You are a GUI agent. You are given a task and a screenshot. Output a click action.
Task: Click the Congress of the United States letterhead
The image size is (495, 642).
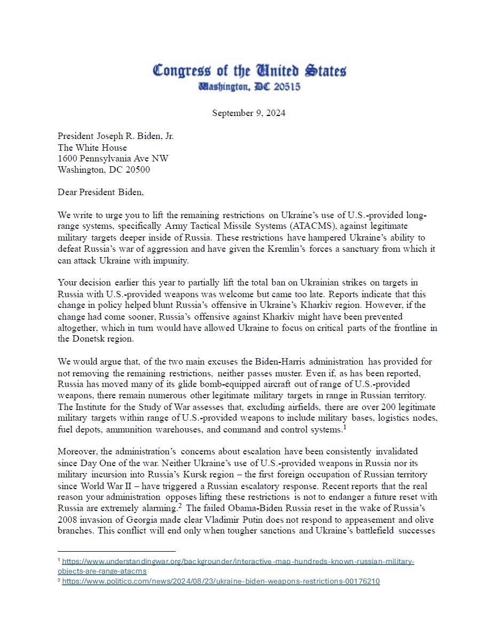(x=249, y=71)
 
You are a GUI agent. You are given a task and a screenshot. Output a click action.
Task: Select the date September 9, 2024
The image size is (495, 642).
(x=249, y=113)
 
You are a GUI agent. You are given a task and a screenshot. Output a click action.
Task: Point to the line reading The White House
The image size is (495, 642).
(x=92, y=147)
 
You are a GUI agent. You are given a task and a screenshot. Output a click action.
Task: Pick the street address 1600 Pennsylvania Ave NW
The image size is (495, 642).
(x=113, y=159)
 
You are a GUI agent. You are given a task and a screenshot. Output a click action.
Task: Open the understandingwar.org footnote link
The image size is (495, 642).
(x=238, y=566)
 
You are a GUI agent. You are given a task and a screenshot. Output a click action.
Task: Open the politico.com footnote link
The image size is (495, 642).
(x=221, y=582)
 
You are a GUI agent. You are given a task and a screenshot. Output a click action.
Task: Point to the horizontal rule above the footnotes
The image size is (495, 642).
(x=116, y=551)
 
